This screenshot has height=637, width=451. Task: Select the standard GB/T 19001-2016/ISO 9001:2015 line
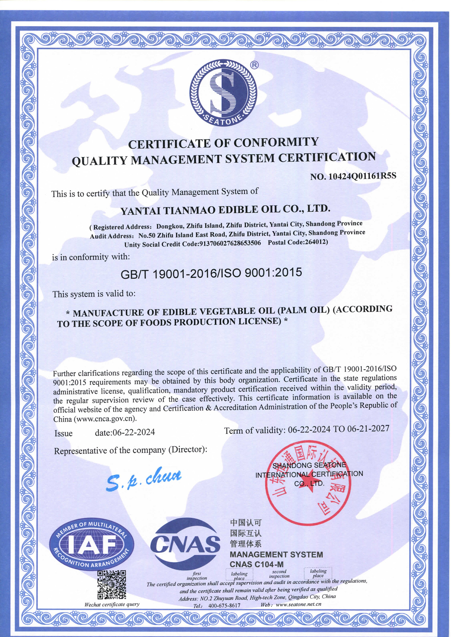[211, 273]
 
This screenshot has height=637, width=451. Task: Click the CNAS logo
[185, 544]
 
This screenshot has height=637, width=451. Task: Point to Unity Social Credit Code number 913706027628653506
[230, 244]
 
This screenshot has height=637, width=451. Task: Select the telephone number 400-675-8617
[224, 605]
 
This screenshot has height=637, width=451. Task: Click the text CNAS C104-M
[257, 564]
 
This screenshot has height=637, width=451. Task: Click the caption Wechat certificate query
[112, 604]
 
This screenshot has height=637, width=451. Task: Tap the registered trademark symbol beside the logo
[254, 65]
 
